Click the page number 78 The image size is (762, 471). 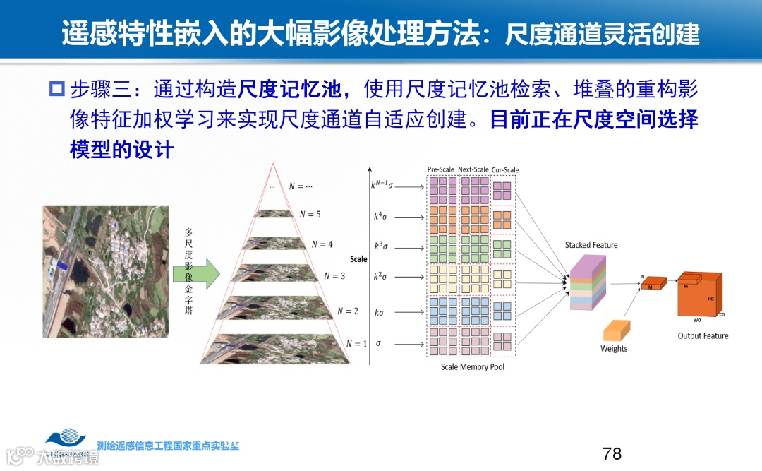(612, 453)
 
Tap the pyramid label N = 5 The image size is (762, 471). (310, 215)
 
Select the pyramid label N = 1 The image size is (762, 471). (356, 344)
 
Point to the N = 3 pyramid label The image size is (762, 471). (334, 276)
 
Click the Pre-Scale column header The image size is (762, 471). (442, 170)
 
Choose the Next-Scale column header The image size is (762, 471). (473, 170)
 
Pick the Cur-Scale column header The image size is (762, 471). (504, 170)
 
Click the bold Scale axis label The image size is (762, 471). (358, 259)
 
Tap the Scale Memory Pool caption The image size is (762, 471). (473, 367)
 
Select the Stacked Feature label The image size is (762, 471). (591, 245)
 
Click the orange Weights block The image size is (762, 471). (615, 330)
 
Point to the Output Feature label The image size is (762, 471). (703, 336)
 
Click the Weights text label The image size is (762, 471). (614, 349)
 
